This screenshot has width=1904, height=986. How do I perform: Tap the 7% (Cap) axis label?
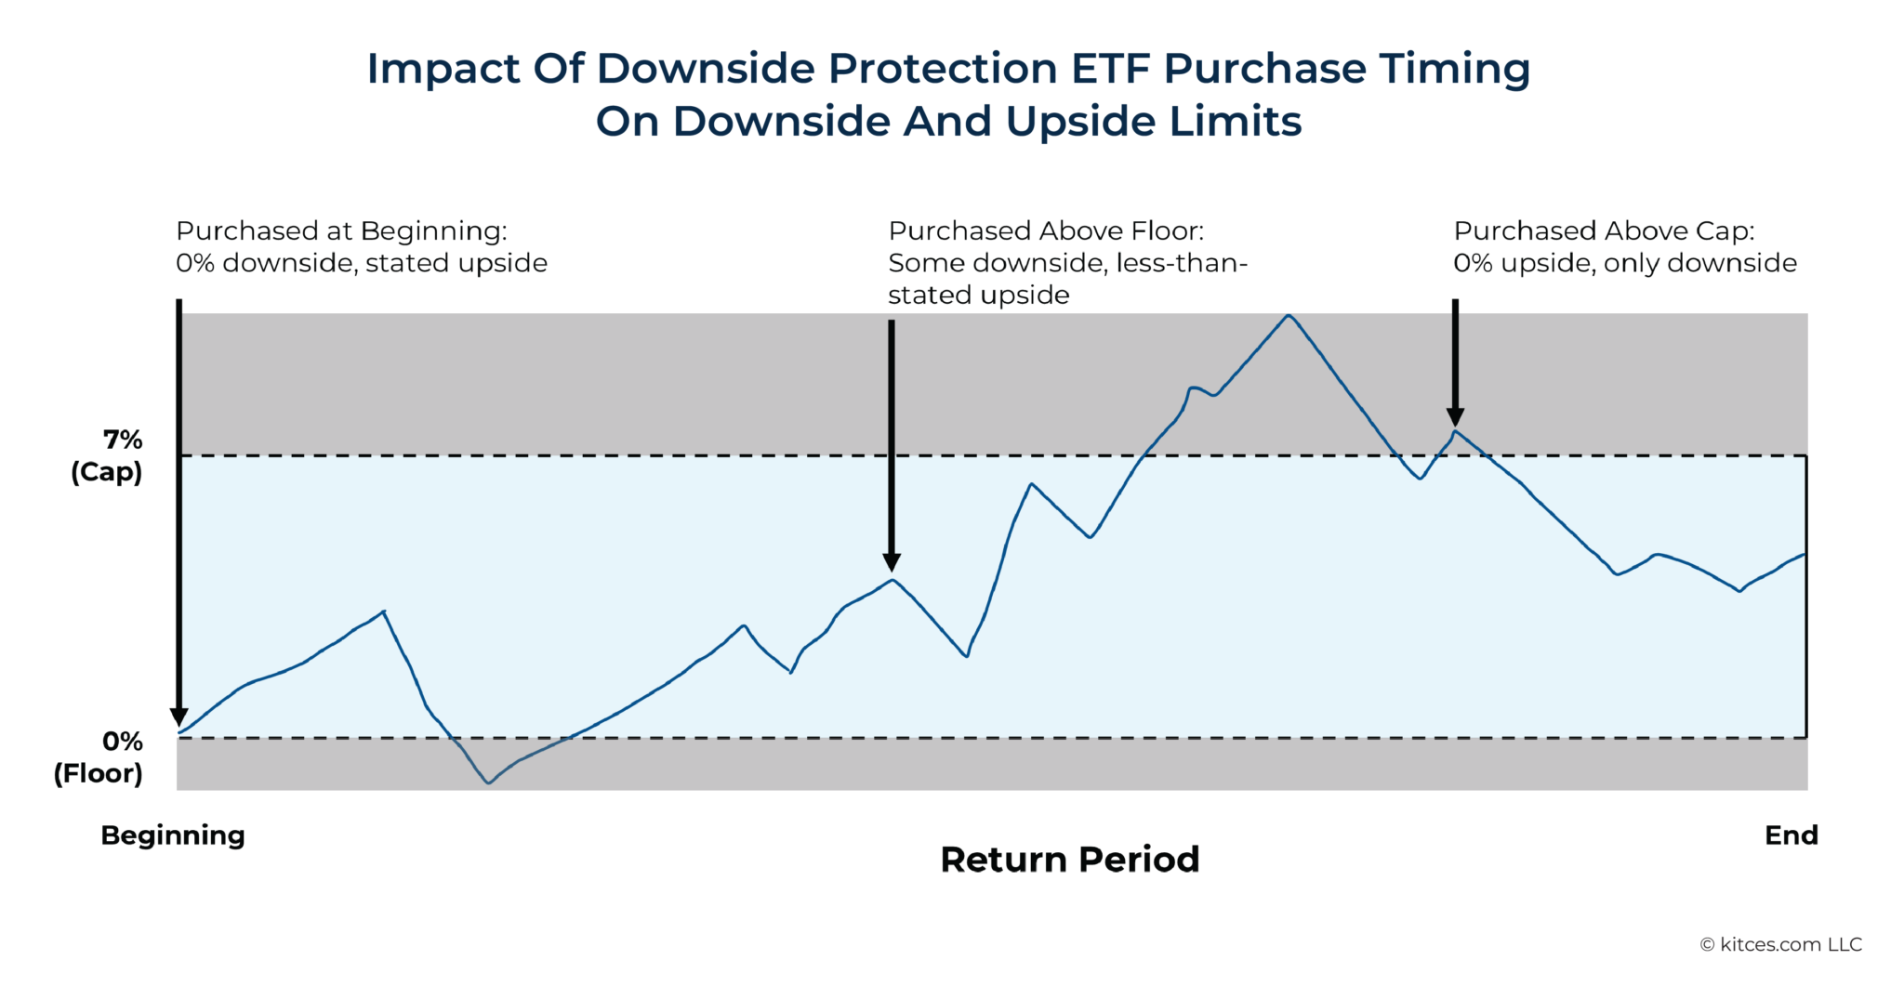coord(108,455)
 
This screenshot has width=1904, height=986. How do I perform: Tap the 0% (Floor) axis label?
coord(99,757)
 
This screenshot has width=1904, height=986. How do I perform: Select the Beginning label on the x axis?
coord(173,835)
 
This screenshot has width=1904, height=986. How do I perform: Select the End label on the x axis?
coord(1791,835)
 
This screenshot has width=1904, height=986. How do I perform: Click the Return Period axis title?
coord(1069,860)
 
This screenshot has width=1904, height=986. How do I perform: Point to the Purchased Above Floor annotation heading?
coord(1045,230)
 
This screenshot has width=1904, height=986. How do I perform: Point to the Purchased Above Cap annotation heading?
coord(1604,230)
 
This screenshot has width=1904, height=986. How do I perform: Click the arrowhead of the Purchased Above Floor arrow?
coord(892,561)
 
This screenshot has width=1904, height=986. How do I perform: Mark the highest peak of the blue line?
coord(1288,316)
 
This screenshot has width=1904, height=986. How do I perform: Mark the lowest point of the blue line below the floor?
coord(489,782)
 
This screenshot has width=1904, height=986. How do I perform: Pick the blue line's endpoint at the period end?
coord(1805,555)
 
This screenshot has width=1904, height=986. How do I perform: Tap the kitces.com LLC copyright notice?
coord(1780,944)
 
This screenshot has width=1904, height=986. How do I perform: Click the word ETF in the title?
coord(1111,69)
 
